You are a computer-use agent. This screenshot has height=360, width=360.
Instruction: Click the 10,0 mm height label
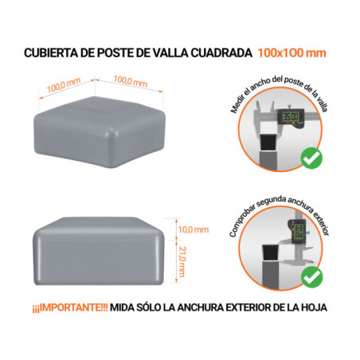pyautogui.click(x=190, y=229)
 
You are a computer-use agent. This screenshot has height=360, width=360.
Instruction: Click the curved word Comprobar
pyautogui.click(x=239, y=217)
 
